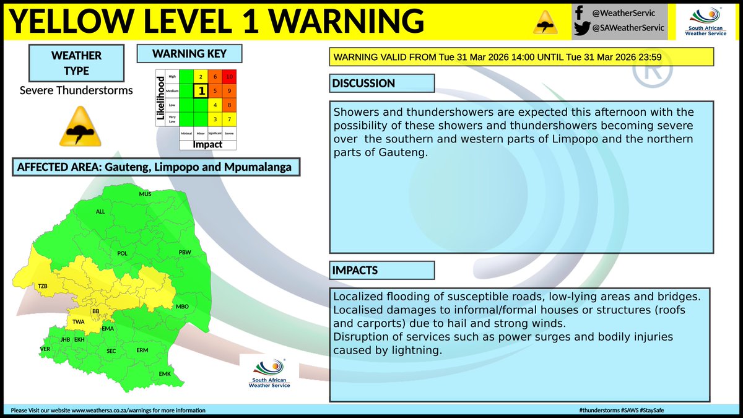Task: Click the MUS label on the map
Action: (x=146, y=194)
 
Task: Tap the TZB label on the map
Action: (x=43, y=287)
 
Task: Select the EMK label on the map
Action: (x=165, y=374)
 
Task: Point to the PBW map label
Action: (x=185, y=253)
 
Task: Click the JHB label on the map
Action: (x=65, y=340)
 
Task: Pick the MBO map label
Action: (x=182, y=307)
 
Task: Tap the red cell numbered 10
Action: (x=229, y=77)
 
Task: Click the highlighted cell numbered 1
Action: (x=201, y=91)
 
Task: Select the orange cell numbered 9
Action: (x=229, y=91)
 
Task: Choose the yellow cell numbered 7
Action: (x=229, y=119)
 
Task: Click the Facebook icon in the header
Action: (x=578, y=12)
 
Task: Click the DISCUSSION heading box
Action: (x=381, y=84)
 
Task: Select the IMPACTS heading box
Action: (x=381, y=271)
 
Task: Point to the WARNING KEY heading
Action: (x=189, y=54)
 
